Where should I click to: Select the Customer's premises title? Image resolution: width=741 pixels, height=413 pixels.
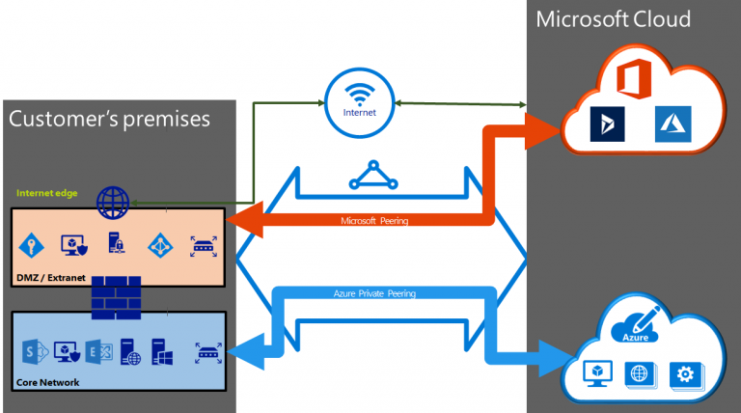(108, 120)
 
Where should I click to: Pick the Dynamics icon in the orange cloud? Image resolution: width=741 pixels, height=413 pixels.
(608, 123)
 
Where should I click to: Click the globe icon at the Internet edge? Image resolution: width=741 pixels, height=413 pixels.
(113, 203)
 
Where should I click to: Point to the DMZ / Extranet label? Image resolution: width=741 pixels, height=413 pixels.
(51, 278)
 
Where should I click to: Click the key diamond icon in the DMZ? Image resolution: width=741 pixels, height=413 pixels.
(32, 245)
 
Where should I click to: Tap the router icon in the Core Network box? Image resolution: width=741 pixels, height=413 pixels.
(206, 352)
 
